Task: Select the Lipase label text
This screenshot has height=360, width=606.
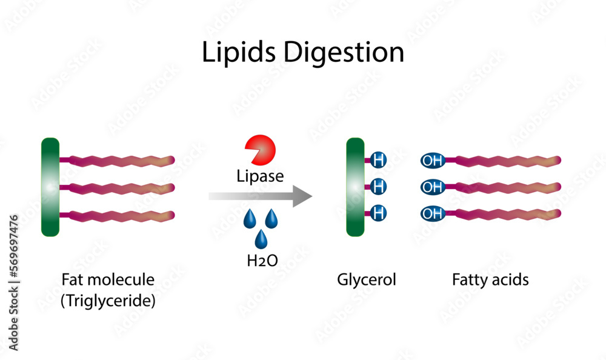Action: [260, 176]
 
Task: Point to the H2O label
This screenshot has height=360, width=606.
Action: [262, 261]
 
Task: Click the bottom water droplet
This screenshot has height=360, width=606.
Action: [261, 239]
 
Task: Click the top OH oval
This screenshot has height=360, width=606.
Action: [433, 161]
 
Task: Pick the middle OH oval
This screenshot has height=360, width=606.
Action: [433, 187]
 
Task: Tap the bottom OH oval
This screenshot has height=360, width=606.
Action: [433, 213]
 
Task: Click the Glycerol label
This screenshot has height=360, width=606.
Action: [366, 280]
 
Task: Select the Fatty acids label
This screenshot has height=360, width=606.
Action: [490, 280]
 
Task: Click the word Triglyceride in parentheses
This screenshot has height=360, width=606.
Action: [108, 301]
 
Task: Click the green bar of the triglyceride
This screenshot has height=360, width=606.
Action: [50, 187]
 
